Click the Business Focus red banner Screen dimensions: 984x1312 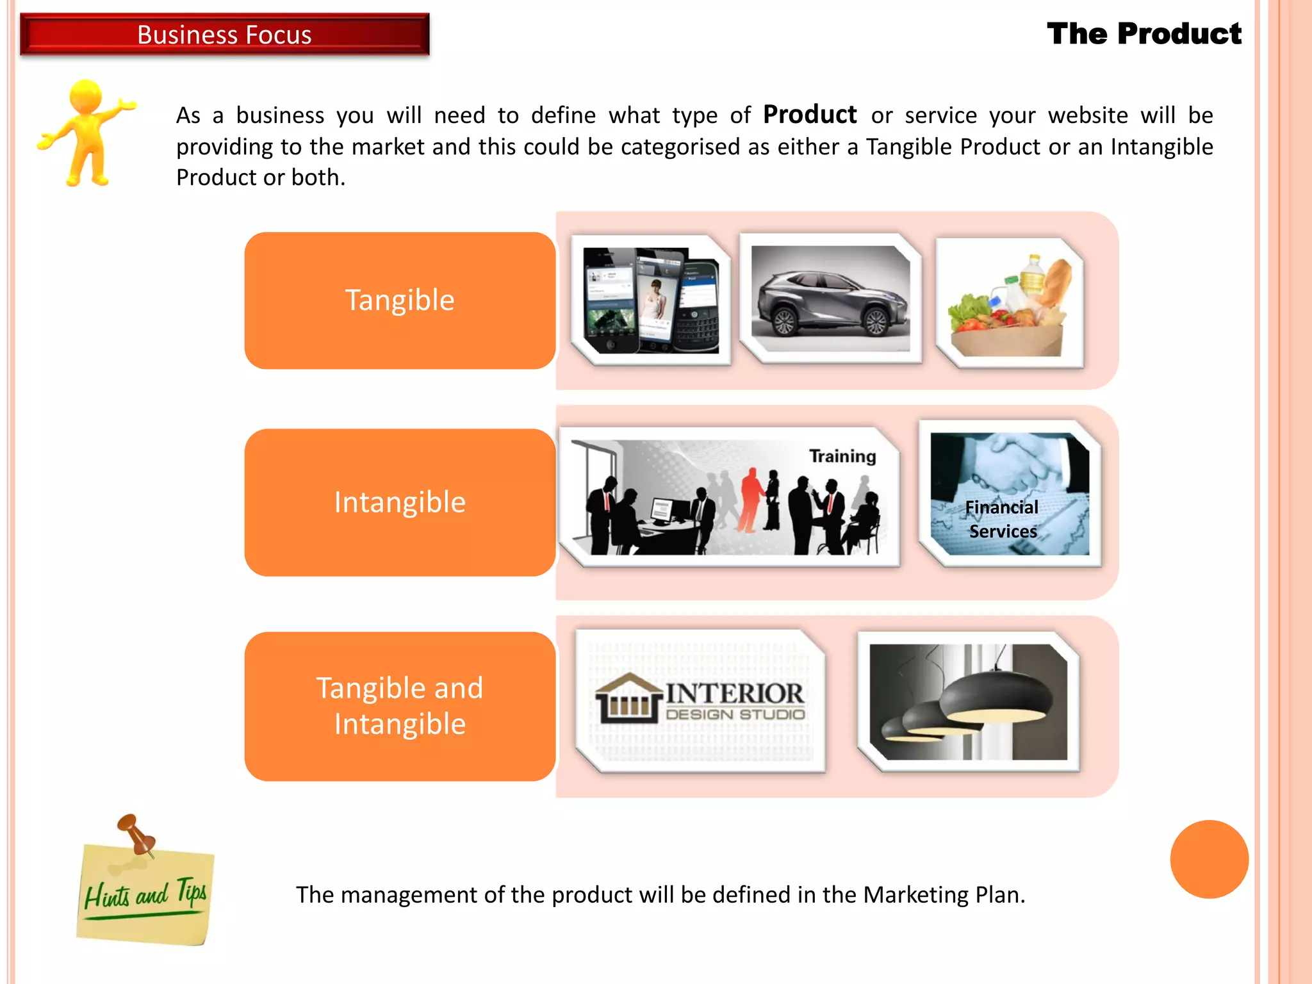224,35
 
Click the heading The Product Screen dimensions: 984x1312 1144,34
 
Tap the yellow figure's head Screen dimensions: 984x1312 85,96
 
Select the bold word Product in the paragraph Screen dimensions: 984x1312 810,115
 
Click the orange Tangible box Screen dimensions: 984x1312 400,300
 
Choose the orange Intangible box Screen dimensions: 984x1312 400,502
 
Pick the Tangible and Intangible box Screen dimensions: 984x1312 400,706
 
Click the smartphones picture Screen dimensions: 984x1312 651,300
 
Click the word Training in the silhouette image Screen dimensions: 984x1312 842,456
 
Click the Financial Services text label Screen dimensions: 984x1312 1003,519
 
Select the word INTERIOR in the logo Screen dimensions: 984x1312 734,693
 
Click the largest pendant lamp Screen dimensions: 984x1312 996,695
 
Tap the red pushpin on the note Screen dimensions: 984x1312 135,833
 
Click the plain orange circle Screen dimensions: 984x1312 1209,859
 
